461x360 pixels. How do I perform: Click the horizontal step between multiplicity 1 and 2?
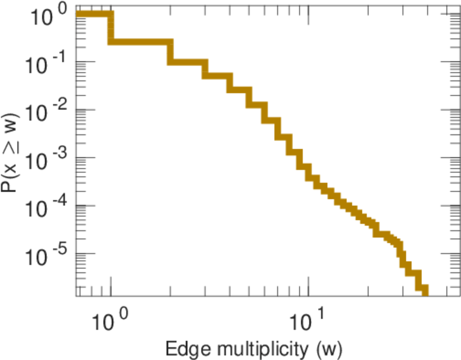pos(141,43)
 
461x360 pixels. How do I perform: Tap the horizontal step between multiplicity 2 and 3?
pos(188,62)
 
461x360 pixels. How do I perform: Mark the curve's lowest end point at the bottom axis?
pos(425,292)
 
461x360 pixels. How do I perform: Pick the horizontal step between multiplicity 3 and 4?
pos(218,76)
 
